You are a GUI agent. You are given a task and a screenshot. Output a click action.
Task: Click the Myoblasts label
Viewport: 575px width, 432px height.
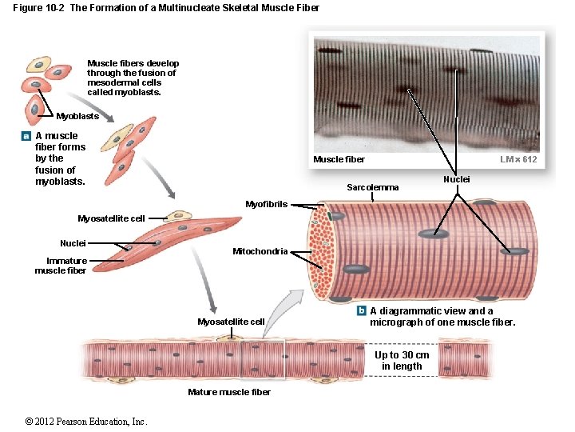[77, 117]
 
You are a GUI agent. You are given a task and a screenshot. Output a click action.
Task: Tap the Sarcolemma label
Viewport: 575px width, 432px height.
[372, 187]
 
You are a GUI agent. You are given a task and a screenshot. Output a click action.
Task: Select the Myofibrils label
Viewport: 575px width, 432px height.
[266, 204]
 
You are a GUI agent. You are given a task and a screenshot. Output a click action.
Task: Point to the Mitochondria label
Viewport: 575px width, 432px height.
[260, 252]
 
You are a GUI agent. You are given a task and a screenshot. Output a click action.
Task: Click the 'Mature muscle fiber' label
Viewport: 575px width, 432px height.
[229, 392]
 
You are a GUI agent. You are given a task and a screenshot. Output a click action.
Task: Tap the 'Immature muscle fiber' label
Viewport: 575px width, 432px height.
[61, 266]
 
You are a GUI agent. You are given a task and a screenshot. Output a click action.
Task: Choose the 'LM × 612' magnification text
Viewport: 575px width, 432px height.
[518, 160]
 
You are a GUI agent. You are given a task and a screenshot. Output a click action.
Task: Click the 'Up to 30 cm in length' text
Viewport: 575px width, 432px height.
[402, 361]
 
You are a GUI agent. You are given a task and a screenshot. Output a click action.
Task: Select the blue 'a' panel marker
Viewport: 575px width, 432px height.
[26, 137]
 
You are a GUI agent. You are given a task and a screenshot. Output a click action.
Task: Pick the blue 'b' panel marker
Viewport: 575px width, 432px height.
[361, 311]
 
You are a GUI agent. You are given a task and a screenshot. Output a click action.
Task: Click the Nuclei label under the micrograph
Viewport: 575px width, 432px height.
[457, 180]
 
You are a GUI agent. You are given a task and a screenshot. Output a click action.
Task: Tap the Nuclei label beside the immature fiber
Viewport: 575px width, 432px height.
[73, 243]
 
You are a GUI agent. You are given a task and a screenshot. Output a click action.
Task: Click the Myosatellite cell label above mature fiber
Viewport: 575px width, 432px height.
[231, 322]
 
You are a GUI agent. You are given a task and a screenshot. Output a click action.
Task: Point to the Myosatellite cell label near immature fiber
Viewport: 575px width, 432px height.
[111, 218]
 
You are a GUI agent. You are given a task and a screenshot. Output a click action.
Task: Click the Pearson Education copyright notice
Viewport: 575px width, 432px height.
[85, 422]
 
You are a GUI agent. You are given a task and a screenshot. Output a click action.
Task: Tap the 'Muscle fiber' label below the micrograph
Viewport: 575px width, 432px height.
[339, 160]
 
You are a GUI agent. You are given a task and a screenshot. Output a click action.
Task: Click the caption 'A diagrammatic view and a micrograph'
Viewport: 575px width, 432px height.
[442, 317]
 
